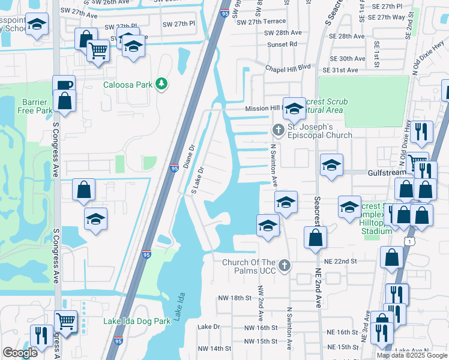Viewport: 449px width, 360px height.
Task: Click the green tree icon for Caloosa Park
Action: coord(161,85)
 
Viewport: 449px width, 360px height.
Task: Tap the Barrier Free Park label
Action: coord(36,106)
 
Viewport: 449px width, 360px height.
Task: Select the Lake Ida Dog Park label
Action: coord(137,321)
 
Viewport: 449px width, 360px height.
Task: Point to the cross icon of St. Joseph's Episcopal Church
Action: coord(278,129)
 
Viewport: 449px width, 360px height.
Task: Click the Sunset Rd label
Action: coord(285,44)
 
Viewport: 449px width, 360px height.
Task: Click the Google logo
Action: coord(20,353)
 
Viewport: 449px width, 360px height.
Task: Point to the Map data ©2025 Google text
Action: coord(411,355)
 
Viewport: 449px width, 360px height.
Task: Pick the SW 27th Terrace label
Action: coord(261,22)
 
